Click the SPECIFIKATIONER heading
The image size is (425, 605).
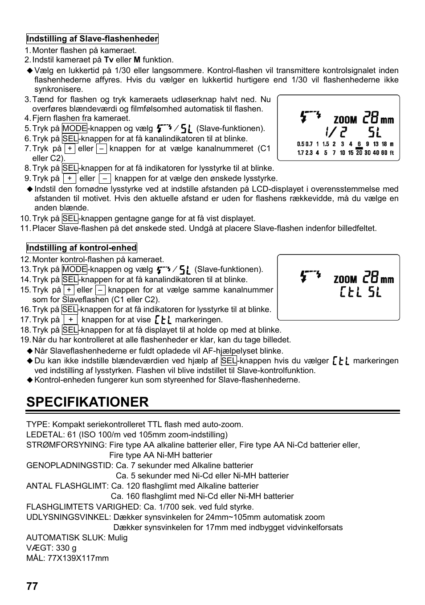click(x=87, y=402)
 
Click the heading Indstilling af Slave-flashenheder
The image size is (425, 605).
click(x=92, y=39)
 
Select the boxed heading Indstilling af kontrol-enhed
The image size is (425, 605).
click(x=82, y=248)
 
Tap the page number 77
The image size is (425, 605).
click(x=32, y=586)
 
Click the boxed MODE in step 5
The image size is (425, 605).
click(x=74, y=128)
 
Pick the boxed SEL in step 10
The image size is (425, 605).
click(x=70, y=218)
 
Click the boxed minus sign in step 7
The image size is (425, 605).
click(x=102, y=149)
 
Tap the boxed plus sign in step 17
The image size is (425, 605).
click(x=70, y=320)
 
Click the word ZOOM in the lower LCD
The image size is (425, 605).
click(x=345, y=280)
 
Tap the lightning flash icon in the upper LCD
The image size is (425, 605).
click(x=310, y=116)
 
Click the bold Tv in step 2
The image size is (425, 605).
click(x=109, y=60)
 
